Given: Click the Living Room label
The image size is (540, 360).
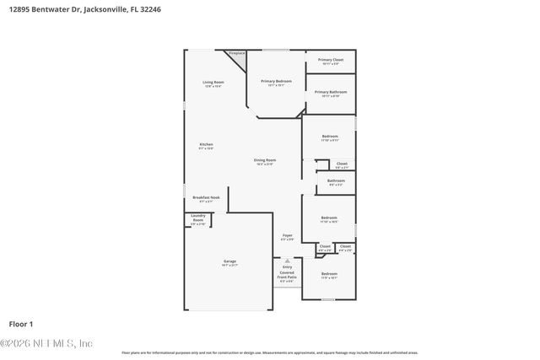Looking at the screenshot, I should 212,83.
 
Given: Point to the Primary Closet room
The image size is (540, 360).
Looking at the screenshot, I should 330,62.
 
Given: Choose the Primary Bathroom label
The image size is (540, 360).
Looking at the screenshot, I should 330,93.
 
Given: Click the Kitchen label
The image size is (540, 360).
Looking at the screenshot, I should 206,146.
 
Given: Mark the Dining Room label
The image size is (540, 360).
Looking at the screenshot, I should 265,161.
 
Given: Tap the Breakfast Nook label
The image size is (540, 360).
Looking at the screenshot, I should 206,198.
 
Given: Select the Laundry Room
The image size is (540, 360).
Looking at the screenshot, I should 197,220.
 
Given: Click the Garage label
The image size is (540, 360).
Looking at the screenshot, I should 229,262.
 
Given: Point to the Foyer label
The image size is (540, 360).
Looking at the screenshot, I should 287,237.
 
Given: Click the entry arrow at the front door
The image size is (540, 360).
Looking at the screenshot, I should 287,261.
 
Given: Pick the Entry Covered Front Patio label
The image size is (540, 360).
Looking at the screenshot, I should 287,275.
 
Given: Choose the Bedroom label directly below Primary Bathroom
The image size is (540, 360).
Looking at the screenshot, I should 330,137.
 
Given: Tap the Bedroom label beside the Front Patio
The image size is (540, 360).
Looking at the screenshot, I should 329,275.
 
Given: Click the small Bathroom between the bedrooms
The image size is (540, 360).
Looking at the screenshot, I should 336,182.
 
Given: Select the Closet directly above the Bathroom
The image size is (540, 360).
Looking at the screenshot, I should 341,165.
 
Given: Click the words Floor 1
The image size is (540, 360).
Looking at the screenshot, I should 20,324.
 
